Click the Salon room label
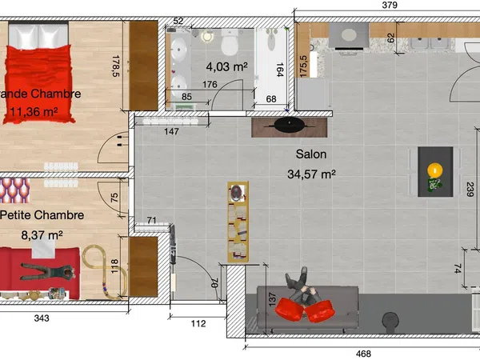tap(311, 154)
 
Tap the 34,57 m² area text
tap(311, 174)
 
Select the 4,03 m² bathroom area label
tap(227, 66)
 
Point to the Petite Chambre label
tap(42, 215)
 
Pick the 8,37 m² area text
tap(42, 235)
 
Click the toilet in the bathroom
tap(230, 42)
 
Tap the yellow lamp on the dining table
tap(435, 170)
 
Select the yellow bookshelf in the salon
tap(238, 222)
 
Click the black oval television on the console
tap(290, 125)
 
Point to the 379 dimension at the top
tap(390, 6)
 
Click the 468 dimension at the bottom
tap(364, 354)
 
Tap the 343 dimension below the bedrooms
tap(42, 318)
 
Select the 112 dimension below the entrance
tap(198, 323)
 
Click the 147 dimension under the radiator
tap(171, 131)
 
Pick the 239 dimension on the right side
tap(470, 189)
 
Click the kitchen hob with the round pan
tap(349, 35)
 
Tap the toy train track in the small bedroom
tap(105, 272)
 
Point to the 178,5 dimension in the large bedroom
tap(116, 66)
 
